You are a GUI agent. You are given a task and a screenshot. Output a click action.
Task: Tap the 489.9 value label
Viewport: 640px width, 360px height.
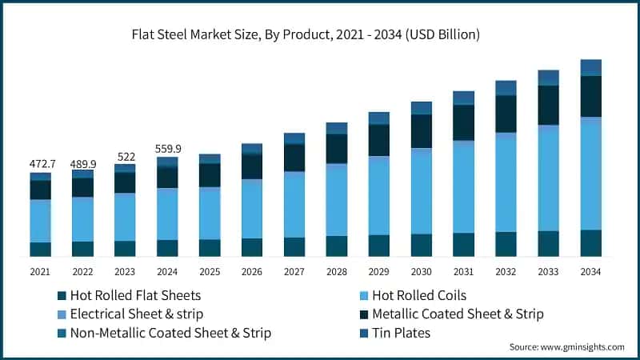[x=82, y=162]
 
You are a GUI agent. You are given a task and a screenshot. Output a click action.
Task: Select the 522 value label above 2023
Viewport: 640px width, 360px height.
[x=124, y=156]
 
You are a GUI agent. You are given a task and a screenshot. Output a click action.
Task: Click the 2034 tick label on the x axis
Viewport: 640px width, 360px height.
[x=591, y=272]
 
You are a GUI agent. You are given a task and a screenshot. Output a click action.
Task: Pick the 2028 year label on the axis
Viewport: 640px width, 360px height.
[x=336, y=272]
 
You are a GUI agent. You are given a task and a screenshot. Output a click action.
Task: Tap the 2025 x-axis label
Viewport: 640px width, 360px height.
[x=209, y=272]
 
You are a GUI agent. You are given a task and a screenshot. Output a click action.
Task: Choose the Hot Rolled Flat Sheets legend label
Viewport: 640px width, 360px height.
[x=135, y=295]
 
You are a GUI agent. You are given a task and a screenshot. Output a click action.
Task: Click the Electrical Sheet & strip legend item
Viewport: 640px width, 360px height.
[x=137, y=314]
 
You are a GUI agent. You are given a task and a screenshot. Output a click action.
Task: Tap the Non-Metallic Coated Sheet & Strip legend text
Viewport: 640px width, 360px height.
[x=170, y=332]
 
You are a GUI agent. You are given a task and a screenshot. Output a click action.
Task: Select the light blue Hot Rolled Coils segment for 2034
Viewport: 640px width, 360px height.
[x=591, y=176]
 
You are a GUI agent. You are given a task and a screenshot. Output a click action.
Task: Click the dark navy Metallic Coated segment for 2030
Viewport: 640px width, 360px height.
[x=421, y=131]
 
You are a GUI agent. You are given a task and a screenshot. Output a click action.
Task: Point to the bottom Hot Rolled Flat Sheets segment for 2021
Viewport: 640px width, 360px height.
[x=40, y=249]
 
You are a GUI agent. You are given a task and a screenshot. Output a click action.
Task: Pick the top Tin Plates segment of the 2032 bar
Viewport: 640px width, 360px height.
[x=506, y=87]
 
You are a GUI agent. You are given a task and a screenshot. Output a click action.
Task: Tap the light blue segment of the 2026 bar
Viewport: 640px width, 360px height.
[x=251, y=210]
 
